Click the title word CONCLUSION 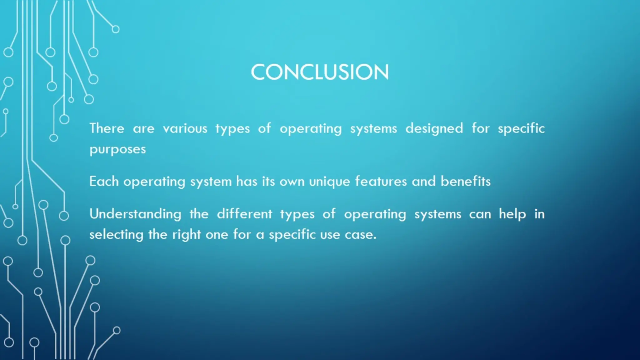(320, 72)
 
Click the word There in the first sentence (107, 128)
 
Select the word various (185, 128)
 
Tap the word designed (434, 128)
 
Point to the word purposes (117, 150)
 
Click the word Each (104, 181)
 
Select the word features (381, 181)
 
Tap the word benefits (466, 181)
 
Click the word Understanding (135, 214)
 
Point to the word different (244, 214)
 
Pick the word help (512, 214)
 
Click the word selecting (116, 235)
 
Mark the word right (186, 235)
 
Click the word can (480, 214)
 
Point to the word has (246, 181)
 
